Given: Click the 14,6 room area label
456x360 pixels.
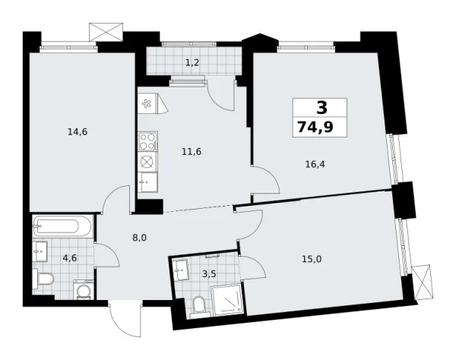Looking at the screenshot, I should pos(78,131).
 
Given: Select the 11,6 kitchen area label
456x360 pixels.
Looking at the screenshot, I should pos(191,152).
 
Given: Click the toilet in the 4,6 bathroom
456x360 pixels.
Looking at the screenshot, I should pos(43,280).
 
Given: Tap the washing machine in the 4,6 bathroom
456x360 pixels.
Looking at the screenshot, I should pos(83,289).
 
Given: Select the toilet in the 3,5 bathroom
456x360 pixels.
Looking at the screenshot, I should pos(199,305).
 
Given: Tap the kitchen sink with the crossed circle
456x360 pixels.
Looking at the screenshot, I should pos(147,161).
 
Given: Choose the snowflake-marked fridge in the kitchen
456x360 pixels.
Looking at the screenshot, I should pos(147,104).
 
